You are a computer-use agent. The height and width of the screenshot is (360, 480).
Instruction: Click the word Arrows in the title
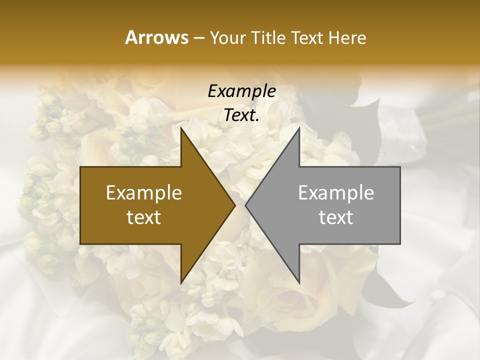156,37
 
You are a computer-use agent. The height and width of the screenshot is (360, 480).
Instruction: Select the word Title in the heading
268,37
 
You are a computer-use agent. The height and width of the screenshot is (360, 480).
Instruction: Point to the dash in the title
198,38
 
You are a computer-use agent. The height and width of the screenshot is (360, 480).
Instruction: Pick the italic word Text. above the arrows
241,115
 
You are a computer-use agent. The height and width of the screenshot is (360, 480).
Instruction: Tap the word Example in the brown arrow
144,193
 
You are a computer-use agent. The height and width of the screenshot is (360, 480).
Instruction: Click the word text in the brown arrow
144,217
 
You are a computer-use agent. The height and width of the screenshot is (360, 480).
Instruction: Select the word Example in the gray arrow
336,193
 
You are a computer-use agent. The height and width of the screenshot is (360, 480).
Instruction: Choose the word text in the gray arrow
336,217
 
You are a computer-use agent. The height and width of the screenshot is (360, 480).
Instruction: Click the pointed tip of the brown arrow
235,205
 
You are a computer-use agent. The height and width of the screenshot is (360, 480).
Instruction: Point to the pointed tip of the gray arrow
245,205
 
